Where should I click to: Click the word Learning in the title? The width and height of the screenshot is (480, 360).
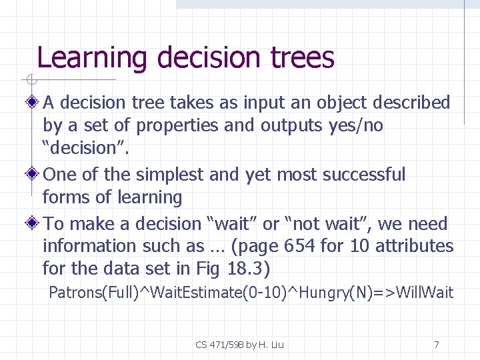click(x=91, y=58)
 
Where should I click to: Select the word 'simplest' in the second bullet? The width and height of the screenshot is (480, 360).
click(x=170, y=175)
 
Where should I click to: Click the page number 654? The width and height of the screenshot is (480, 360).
click(x=299, y=246)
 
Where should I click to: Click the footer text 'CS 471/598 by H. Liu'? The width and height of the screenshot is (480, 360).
click(x=239, y=345)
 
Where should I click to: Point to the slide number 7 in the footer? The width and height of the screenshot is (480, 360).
click(x=436, y=345)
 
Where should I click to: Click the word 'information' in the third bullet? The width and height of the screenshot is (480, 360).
click(x=90, y=246)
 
